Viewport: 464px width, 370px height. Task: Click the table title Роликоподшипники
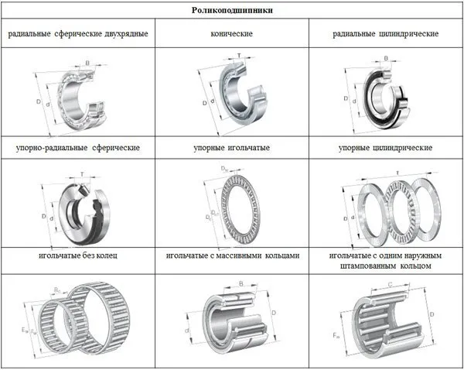[231, 11]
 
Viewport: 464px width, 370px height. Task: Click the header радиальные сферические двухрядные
[78, 34]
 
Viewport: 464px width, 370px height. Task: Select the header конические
[231, 34]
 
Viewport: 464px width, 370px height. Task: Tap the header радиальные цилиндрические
[386, 34]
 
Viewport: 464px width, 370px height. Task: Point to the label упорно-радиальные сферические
[77, 146]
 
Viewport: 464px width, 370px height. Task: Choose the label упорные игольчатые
[231, 146]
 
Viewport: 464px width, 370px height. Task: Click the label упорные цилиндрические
[385, 146]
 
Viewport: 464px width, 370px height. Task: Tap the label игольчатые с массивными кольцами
[232, 255]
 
